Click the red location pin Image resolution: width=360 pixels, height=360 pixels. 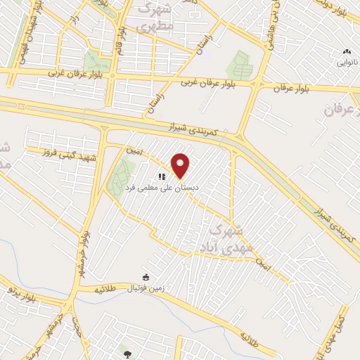pyautogui.click(x=181, y=165)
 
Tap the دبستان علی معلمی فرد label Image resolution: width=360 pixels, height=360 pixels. pyautogui.click(x=162, y=188)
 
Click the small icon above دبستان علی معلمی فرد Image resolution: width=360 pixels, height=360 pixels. pyautogui.click(x=161, y=177)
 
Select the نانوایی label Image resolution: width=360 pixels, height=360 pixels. pyautogui.click(x=347, y=62)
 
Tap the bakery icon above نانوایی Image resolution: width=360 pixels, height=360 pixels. pyautogui.click(x=346, y=51)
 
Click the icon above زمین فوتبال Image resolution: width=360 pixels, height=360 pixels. pyautogui.click(x=146, y=277)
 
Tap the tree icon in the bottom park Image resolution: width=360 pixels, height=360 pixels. pyautogui.click(x=127, y=349)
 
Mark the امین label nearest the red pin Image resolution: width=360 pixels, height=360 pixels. pyautogui.click(x=136, y=151)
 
